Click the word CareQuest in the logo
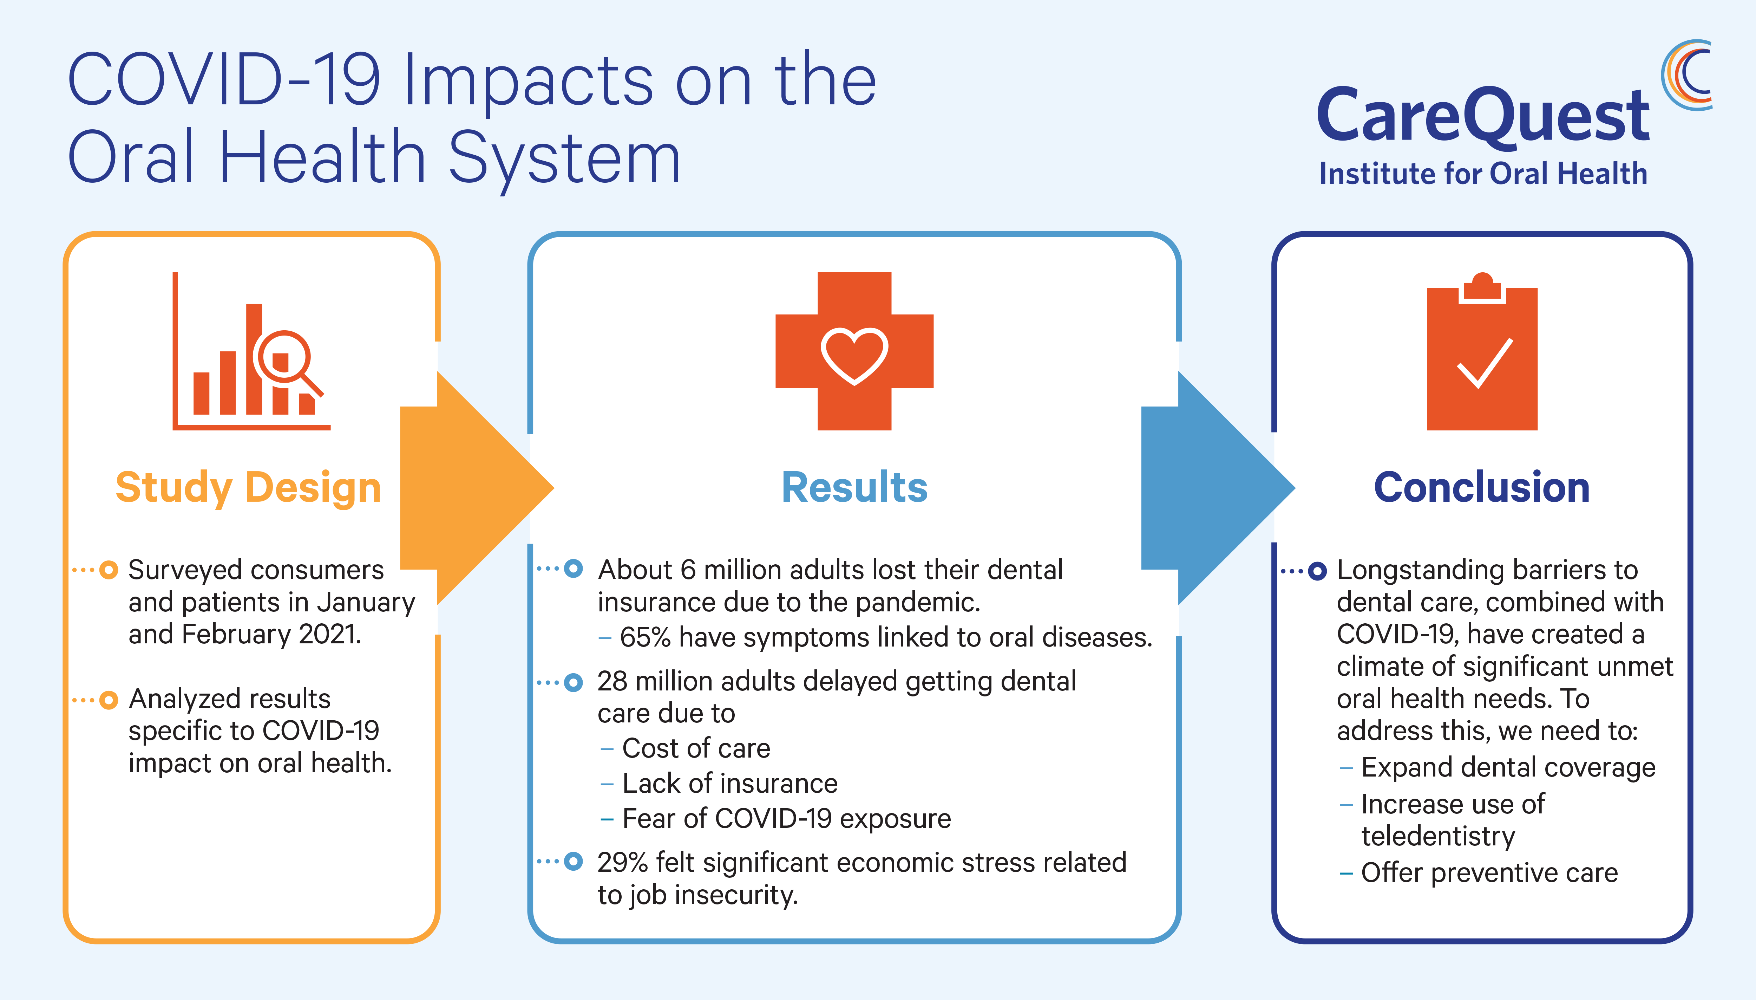point(1483,115)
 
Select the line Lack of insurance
point(730,784)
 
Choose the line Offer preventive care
point(1490,873)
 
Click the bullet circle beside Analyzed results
point(109,700)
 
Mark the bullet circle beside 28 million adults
point(573,683)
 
